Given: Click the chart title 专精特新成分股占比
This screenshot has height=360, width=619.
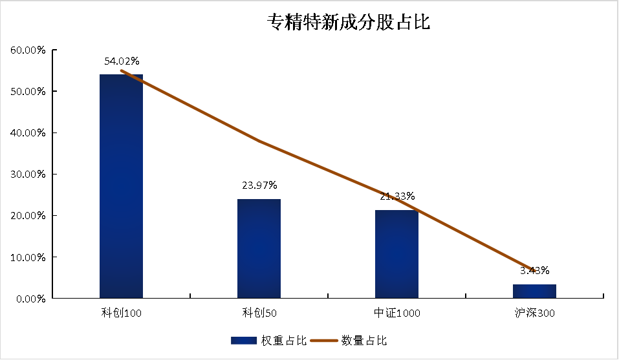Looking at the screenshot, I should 349,23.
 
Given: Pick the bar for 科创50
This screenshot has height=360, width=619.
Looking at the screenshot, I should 259,248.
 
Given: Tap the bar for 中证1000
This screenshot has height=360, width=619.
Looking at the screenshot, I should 396,254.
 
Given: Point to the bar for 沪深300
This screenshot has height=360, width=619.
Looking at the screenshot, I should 534,291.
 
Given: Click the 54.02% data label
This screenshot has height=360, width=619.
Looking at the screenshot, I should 122,61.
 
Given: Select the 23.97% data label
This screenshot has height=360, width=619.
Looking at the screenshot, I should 259,185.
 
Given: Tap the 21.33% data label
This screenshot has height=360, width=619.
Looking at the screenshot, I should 397,196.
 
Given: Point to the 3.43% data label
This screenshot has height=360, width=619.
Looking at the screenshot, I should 534,270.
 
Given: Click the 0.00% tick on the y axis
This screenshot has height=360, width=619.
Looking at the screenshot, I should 30,299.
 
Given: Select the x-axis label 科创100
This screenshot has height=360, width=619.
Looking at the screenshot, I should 121,313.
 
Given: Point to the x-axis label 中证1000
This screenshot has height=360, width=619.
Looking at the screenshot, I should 396,313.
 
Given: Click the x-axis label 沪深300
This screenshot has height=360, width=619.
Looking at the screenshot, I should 534,313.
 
